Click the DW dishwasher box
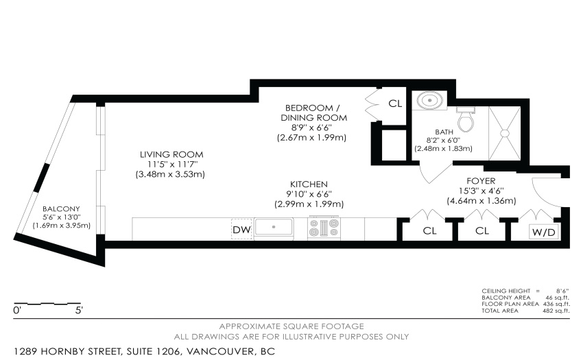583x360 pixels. [241, 229]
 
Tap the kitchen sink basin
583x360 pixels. [274, 227]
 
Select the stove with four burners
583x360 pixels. [324, 228]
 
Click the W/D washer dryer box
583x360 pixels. [544, 232]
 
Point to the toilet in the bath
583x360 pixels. [466, 119]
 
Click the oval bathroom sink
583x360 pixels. [430, 100]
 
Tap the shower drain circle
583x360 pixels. [505, 133]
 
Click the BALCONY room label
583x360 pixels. [61, 209]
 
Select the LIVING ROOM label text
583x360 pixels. [171, 154]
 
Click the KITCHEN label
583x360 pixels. [309, 184]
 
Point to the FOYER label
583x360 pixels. [481, 181]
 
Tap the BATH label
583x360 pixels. [444, 132]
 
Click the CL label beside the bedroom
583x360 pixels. [395, 104]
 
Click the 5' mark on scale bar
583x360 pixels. [79, 311]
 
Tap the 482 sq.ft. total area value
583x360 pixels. [556, 311]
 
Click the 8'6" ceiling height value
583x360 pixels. [562, 291]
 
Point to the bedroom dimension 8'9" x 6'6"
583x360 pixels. [311, 128]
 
